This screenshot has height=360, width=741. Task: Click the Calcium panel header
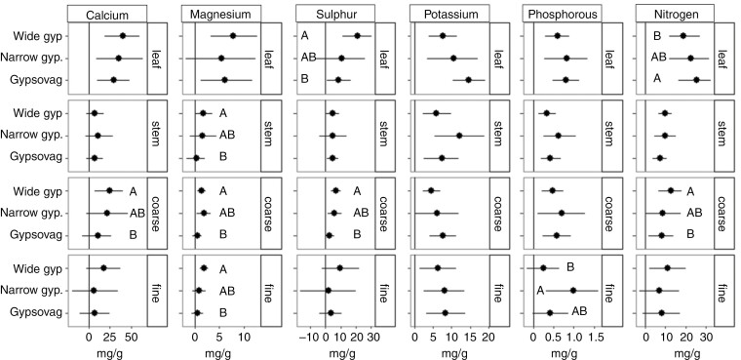tap(108, 15)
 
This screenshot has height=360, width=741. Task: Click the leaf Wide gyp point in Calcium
tap(122, 36)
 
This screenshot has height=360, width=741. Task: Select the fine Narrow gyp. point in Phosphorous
tap(573, 290)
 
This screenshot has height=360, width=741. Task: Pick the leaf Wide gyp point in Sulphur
tap(357, 36)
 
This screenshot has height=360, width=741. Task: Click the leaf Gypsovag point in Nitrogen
tap(695, 80)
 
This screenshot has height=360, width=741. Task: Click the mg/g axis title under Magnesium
tap(221, 351)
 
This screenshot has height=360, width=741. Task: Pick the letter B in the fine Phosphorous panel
tap(569, 266)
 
